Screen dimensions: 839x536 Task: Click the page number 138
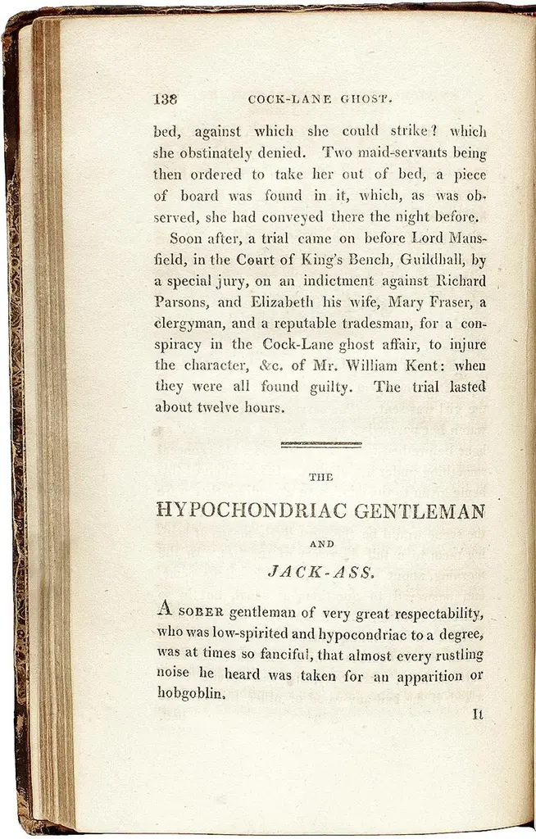pos(166,100)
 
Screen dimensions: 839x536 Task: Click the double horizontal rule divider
pos(321,445)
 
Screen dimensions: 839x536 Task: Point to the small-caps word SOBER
pos(202,613)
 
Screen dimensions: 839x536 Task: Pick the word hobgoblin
pos(189,693)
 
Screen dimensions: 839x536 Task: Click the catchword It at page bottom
pos(478,714)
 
